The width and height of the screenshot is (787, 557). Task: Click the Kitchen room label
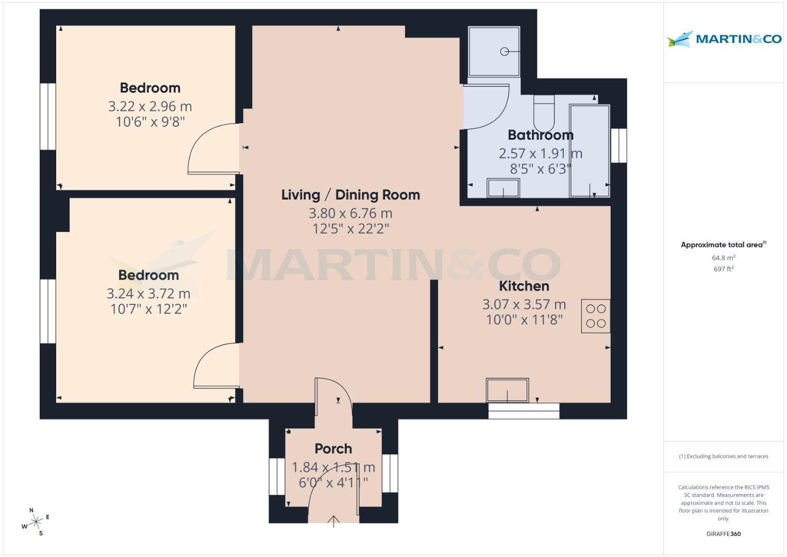tap(524, 286)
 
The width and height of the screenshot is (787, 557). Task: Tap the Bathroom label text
tap(540, 135)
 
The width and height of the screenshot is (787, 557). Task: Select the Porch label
tap(333, 449)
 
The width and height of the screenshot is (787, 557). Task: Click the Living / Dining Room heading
tap(350, 195)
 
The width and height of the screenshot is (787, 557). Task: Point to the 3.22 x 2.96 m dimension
tap(149, 107)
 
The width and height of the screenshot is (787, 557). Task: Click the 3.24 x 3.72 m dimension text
tap(148, 294)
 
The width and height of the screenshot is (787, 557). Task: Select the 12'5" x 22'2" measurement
tap(350, 229)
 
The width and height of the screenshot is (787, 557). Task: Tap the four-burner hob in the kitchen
tap(596, 316)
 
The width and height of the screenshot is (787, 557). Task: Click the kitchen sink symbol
tap(507, 390)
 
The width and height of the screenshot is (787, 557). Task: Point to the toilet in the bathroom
tap(543, 114)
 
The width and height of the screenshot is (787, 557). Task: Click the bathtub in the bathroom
tap(589, 151)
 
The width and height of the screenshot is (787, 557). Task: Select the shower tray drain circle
tap(505, 52)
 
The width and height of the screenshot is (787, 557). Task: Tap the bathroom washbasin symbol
tap(503, 188)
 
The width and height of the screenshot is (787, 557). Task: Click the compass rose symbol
tap(36, 522)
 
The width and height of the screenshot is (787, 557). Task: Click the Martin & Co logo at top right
tap(724, 39)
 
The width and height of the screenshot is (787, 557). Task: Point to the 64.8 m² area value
tap(724, 258)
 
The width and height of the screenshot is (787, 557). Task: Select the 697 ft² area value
tap(724, 269)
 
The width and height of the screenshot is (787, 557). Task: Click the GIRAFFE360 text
tap(724, 534)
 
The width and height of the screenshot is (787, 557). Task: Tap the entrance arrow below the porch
tap(333, 521)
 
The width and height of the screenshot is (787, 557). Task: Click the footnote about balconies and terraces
tap(724, 456)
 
